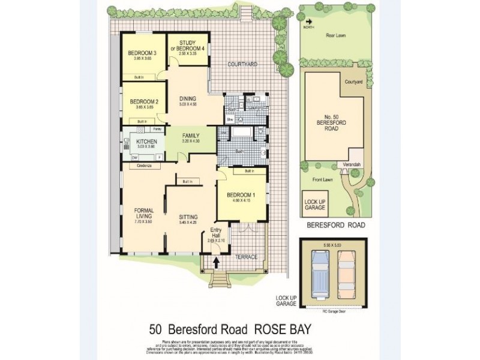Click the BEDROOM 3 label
tap(142, 53)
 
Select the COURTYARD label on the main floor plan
tap(242, 64)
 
